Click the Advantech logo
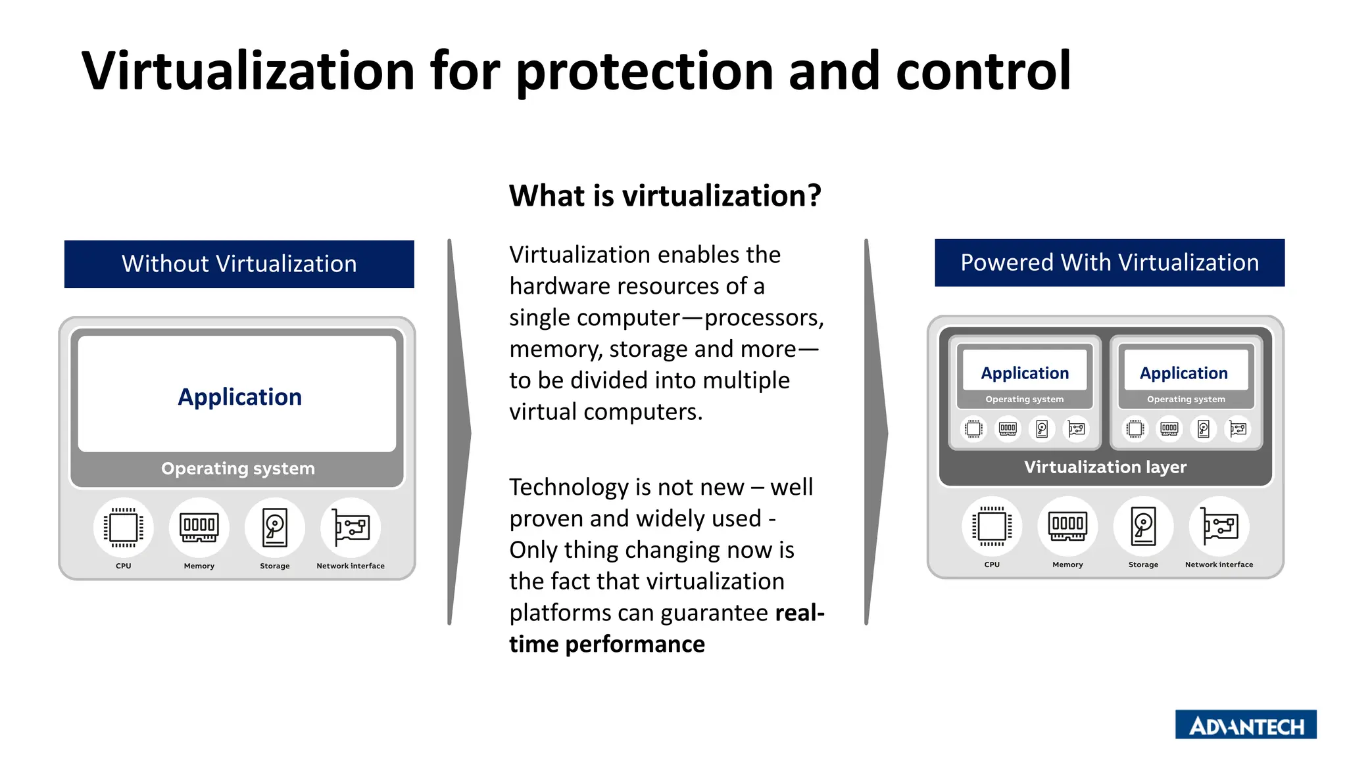coord(1246,724)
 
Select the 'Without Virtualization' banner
coord(239,264)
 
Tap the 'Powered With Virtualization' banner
coord(1109,263)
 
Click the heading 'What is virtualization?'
coord(665,196)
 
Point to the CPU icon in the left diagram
coord(124,527)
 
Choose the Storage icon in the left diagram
coord(275,527)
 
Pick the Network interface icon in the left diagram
coord(351,527)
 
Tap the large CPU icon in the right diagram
coord(992,526)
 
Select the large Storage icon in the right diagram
coord(1143,526)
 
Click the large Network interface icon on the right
coord(1219,526)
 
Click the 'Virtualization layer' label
coord(1105,467)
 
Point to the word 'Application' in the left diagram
coord(239,397)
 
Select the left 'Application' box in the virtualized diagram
coord(1025,373)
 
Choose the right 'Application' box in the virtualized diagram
coord(1184,373)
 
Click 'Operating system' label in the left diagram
coord(238,469)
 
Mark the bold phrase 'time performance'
coord(606,644)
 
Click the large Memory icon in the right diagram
coord(1067,526)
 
